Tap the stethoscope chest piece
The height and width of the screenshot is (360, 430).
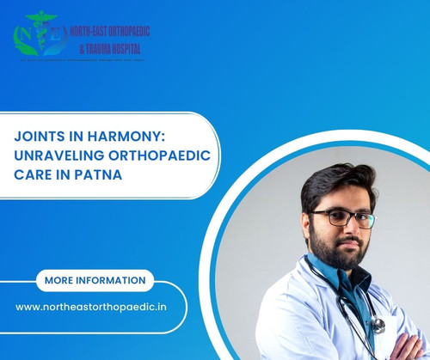(376, 325)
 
